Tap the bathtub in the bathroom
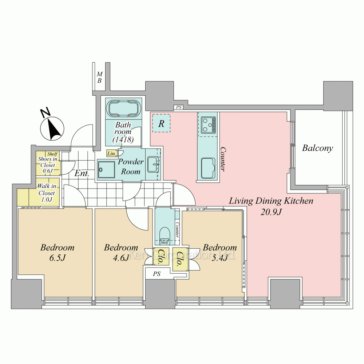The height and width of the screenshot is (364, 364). pyautogui.click(x=123, y=108)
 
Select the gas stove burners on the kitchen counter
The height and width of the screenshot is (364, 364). pyautogui.click(x=208, y=125)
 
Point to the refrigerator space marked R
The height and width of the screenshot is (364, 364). pyautogui.click(x=161, y=123)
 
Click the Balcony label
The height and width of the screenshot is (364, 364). pyautogui.click(x=317, y=148)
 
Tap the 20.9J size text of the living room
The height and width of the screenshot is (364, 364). pyautogui.click(x=271, y=212)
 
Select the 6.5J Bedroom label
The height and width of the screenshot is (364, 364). pyautogui.click(x=58, y=252)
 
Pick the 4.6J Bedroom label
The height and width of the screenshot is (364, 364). pyautogui.click(x=121, y=252)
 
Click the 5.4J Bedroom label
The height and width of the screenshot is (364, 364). pyautogui.click(x=219, y=252)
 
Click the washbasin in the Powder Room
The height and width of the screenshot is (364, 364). pyautogui.click(x=154, y=164)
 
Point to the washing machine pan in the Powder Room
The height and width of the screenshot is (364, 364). pyautogui.click(x=106, y=170)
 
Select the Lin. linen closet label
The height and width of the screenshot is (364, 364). pyautogui.click(x=112, y=154)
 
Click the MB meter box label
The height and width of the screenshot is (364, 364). pyautogui.click(x=99, y=77)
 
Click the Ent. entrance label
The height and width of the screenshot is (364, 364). pyautogui.click(x=82, y=173)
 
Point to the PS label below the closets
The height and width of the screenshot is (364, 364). pyautogui.click(x=157, y=274)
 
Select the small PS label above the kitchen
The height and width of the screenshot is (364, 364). pyautogui.click(x=178, y=107)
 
